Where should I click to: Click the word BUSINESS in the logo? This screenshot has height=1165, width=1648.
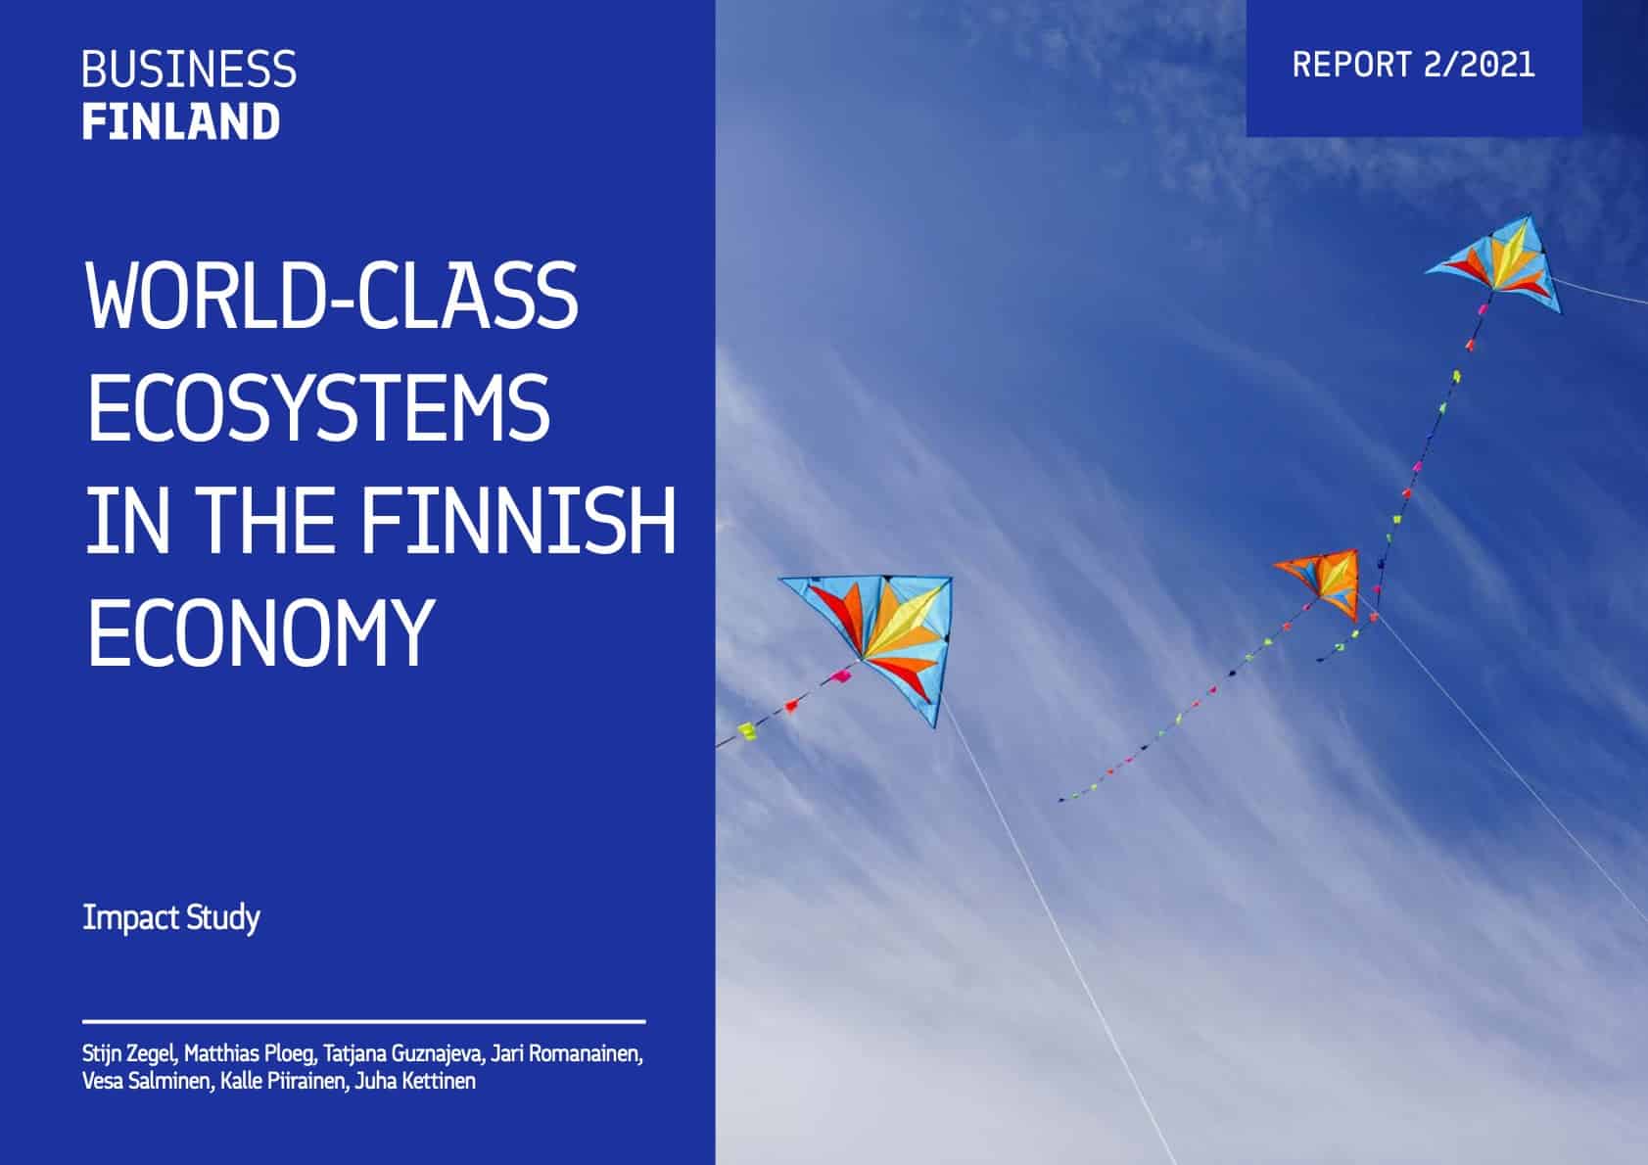coord(189,70)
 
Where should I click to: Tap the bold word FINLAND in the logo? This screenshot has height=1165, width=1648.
coord(181,121)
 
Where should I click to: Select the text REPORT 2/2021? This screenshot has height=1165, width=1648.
coord(1413,65)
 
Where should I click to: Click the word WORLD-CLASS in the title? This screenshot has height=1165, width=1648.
coord(332,296)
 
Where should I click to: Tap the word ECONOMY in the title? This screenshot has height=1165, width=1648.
coord(260,632)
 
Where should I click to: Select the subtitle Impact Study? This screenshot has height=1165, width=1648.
coord(171,918)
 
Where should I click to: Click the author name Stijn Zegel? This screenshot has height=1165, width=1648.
coord(129,1054)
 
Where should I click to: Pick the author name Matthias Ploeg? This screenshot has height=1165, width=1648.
coord(250,1054)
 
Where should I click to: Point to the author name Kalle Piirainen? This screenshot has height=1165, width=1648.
coord(284,1081)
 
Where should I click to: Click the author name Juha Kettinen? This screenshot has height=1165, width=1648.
coord(415,1081)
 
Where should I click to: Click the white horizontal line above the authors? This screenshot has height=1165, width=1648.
coord(364,1022)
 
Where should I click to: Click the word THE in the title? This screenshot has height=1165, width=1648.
coord(266,521)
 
